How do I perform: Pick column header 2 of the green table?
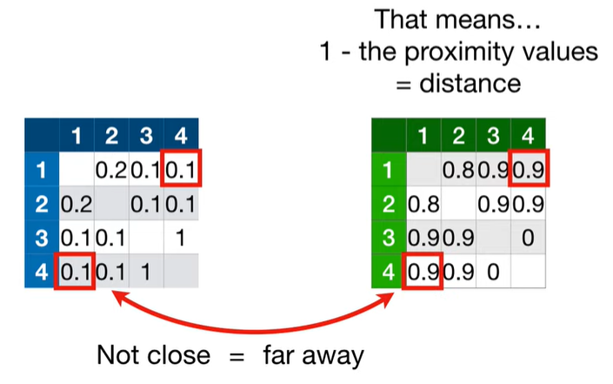coord(459,135)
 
